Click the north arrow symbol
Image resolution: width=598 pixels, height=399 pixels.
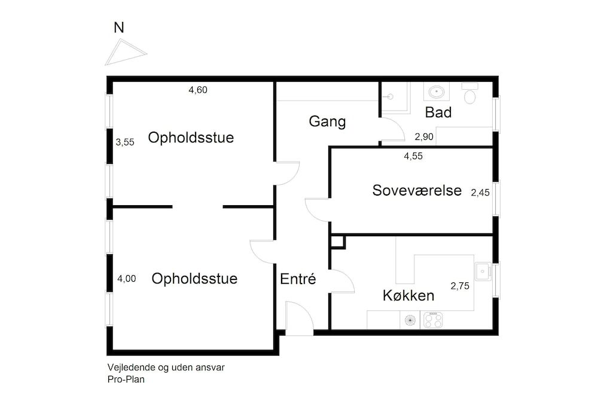[x=126, y=52]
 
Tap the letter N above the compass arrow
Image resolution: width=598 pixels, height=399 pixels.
[x=120, y=27]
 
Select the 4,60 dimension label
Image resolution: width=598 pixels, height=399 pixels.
[x=198, y=90]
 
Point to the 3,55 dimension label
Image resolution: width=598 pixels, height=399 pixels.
[x=125, y=142]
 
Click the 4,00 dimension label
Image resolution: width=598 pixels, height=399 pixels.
[x=126, y=278]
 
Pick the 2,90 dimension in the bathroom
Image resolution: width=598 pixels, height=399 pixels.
[x=424, y=137]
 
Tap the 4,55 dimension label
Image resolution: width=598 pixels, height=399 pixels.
[x=414, y=156]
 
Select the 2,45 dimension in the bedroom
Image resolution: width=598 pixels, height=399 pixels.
[x=480, y=193]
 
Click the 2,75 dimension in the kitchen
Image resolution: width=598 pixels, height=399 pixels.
[x=460, y=286]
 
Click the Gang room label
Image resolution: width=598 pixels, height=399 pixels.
[x=327, y=121]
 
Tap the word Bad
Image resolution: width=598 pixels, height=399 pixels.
[x=438, y=112]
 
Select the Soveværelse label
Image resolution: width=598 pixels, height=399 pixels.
[x=417, y=190]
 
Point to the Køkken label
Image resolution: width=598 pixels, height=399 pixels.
[x=408, y=296]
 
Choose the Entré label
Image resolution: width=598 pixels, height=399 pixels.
[x=297, y=279]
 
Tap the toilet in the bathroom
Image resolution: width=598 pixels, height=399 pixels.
[x=470, y=95]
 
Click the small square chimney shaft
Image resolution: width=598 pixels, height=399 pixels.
[x=338, y=241]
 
